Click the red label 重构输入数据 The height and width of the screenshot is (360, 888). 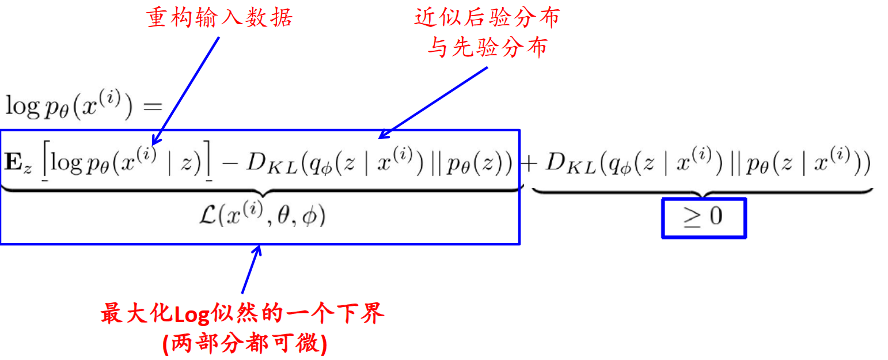pyautogui.click(x=219, y=18)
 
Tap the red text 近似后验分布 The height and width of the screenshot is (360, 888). pyautogui.click(x=487, y=18)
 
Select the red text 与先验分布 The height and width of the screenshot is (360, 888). pyautogui.click(x=487, y=48)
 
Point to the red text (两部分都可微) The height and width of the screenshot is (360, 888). pyautogui.click(x=245, y=344)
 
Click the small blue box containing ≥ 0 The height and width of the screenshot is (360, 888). pyautogui.click(x=703, y=218)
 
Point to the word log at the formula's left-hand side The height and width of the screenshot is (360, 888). pyautogui.click(x=21, y=106)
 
